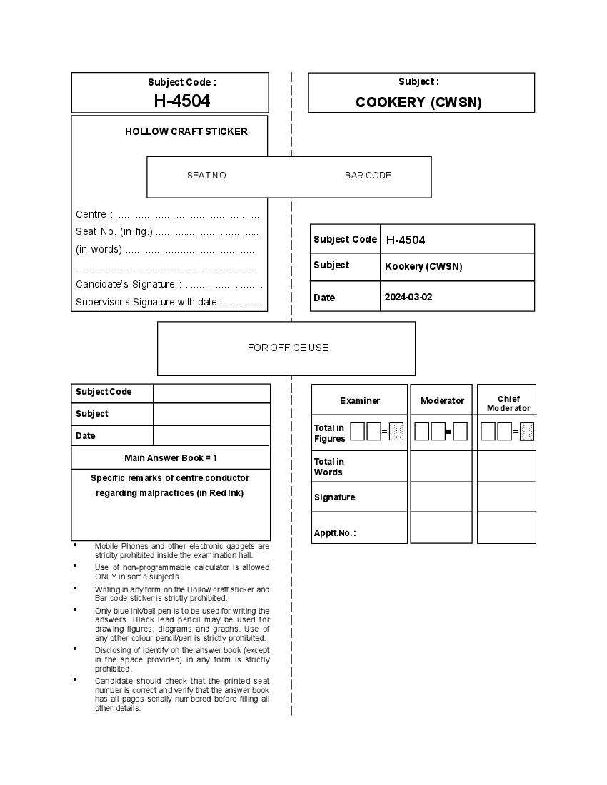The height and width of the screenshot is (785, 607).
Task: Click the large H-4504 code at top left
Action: point(182,101)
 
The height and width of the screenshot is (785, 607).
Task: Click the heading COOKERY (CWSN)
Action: point(418,102)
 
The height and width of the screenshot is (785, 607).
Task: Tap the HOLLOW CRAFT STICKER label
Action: point(186,131)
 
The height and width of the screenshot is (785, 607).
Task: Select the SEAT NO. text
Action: point(208,176)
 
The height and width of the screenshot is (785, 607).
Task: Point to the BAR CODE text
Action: point(368,176)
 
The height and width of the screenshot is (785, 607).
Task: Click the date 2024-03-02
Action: point(408,297)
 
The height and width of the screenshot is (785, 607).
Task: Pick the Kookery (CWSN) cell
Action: point(423,266)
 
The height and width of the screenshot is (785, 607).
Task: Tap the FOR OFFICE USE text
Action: point(288,348)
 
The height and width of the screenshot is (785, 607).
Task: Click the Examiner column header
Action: point(360,401)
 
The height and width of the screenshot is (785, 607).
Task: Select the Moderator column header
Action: point(442,401)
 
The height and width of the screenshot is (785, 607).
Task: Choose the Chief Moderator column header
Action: point(508,404)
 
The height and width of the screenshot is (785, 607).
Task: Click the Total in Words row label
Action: point(328,467)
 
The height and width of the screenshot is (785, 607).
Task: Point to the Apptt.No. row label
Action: point(334,532)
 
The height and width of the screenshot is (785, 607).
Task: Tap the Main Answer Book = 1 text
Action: point(171,457)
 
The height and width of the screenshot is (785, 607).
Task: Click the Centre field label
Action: point(91,214)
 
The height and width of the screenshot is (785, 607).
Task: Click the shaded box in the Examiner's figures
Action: point(396,431)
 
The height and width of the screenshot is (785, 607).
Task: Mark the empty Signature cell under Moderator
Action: point(441,497)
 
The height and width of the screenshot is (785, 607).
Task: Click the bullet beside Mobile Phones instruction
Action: point(75,545)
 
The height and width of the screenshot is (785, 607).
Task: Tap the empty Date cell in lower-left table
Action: point(211,435)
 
